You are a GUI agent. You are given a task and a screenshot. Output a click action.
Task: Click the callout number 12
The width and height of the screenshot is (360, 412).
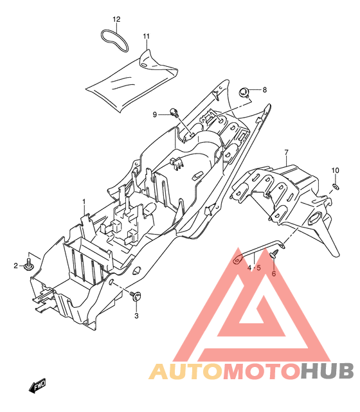click(x=116, y=19)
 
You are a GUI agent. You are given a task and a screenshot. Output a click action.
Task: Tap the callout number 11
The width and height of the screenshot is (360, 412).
click(x=146, y=36)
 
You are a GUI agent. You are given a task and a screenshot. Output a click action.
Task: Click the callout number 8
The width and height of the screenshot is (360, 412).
click(x=264, y=90)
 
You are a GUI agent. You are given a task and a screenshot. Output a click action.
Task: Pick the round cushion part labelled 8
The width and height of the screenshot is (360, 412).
click(x=244, y=93)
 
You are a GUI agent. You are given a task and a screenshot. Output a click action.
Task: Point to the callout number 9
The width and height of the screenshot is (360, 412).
click(x=155, y=114)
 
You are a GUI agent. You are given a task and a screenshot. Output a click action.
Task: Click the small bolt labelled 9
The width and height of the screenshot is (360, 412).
click(x=174, y=112)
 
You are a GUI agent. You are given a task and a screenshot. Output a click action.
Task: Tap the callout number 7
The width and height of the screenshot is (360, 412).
click(x=287, y=152)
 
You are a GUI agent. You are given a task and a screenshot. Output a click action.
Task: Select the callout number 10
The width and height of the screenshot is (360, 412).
click(x=336, y=170)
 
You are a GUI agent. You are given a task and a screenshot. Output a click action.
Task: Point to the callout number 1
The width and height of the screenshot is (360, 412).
click(x=84, y=202)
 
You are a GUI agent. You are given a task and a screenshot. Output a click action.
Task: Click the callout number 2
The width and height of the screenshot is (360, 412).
click(x=16, y=265)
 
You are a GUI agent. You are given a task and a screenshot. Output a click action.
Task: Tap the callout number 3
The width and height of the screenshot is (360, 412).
click(x=136, y=316)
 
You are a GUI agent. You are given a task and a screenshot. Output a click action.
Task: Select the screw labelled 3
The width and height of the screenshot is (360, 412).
click(x=136, y=296)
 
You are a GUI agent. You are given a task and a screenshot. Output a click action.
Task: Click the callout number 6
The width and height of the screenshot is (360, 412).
click(x=274, y=274)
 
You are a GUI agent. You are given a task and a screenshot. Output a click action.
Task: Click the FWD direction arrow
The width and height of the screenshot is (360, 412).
click(x=37, y=385)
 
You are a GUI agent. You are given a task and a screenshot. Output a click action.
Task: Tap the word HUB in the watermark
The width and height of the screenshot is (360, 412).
click(x=327, y=371)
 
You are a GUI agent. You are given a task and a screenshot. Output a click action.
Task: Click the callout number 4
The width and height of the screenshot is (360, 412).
click(x=249, y=268)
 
